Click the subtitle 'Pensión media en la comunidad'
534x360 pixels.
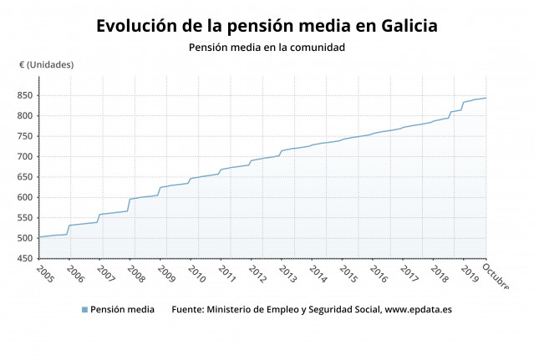click(x=267, y=48)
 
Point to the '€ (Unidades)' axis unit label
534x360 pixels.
click(x=47, y=65)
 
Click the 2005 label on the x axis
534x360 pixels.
click(x=44, y=274)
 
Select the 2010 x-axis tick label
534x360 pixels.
click(x=196, y=274)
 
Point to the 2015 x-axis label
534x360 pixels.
click(x=348, y=274)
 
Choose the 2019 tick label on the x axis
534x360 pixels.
click(x=469, y=274)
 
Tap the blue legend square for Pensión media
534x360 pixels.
click(x=84, y=310)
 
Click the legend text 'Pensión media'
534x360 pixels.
click(x=122, y=310)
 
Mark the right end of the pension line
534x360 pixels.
click(x=486, y=98)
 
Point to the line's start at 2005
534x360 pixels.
click(x=38, y=237)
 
